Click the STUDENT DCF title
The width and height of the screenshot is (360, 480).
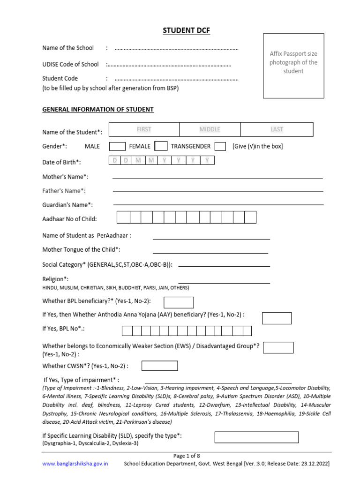pos(187,31)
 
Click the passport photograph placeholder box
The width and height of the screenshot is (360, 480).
pos(293,66)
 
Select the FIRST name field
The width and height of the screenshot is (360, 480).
pos(144,129)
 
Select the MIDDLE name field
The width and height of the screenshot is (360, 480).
pos(210,129)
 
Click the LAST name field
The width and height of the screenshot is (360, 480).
pos(277,129)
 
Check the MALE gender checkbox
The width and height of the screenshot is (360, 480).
pos(117,146)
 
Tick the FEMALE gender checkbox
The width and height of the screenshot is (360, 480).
pos(161,146)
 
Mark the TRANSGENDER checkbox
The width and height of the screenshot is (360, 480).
pos(220,146)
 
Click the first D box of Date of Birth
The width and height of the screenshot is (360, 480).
pos(114,161)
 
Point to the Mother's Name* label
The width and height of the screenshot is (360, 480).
pos(65,177)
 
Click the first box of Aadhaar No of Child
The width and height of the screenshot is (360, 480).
pos(123,217)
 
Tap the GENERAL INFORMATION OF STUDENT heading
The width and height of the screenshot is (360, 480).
pos(98,110)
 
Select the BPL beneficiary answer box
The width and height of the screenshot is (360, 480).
pos(179,302)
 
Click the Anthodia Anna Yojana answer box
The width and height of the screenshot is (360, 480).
pos(277,318)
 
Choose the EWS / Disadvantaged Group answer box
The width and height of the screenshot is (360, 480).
pos(278,347)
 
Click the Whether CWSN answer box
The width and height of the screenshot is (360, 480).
pos(159,366)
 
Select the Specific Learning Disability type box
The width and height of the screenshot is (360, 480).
pos(256,437)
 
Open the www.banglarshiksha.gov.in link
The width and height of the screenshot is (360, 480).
pos(75,464)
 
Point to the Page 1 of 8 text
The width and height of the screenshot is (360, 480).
pos(187,455)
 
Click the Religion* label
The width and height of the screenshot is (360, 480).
pos(55,279)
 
